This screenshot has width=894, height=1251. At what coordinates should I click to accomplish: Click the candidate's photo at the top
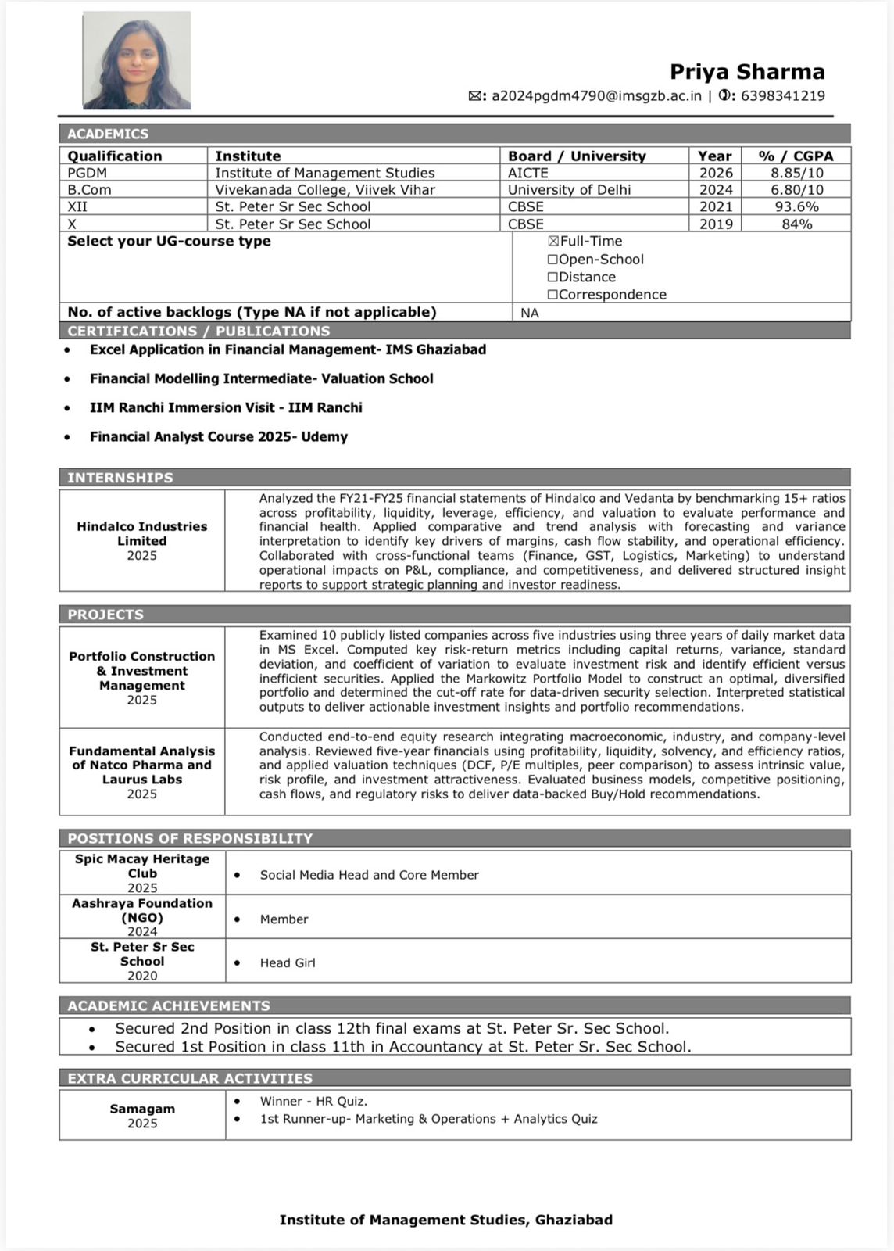click(x=137, y=60)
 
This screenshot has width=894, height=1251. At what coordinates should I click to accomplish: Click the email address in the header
click(x=596, y=96)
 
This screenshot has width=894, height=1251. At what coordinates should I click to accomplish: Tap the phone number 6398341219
click(x=782, y=96)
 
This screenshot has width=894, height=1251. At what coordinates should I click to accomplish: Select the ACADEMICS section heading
click(x=108, y=134)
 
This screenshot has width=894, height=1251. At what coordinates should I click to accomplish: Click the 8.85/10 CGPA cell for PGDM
click(x=796, y=173)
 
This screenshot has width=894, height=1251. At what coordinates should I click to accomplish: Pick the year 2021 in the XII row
click(x=716, y=206)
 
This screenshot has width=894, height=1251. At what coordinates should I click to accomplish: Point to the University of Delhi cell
click(x=569, y=190)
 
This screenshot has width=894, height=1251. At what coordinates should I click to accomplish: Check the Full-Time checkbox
click(x=553, y=242)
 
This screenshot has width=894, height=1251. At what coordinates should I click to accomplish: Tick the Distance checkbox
click(x=553, y=278)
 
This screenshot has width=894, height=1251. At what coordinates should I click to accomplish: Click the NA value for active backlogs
click(x=530, y=313)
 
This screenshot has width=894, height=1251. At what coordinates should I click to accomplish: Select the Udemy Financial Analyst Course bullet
click(x=218, y=437)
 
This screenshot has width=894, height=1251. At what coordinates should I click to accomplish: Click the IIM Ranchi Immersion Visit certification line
click(x=226, y=407)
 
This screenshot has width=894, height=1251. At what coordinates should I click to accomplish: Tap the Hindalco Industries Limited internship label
click(x=142, y=533)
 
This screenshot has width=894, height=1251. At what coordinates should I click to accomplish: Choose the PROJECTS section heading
click(x=105, y=615)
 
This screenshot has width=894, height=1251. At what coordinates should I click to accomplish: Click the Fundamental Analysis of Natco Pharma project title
click(x=142, y=765)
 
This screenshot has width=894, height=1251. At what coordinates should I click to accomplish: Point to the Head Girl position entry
click(x=288, y=963)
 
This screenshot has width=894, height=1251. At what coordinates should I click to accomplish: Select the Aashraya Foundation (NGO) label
click(x=142, y=910)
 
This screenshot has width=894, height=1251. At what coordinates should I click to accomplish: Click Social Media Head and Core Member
click(x=369, y=875)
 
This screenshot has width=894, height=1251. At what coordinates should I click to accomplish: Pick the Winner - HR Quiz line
click(x=313, y=1102)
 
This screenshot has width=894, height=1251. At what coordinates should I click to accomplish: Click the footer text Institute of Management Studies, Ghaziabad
click(x=445, y=1220)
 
